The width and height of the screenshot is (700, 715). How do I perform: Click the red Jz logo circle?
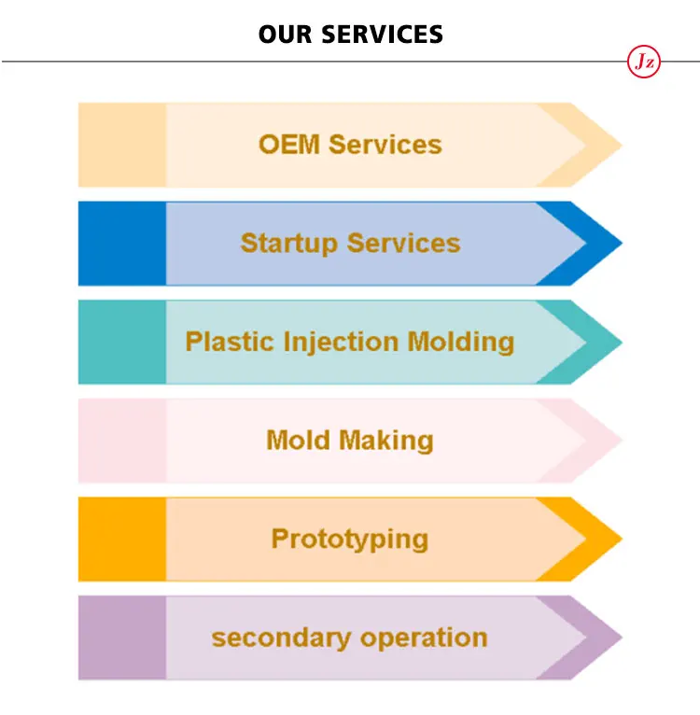[x=643, y=62]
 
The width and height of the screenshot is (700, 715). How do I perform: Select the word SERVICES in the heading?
[x=382, y=35]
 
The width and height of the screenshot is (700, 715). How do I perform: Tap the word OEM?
[x=289, y=145]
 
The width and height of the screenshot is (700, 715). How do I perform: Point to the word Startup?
[x=288, y=244]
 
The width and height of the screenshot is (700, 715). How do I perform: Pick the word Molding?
[x=461, y=343]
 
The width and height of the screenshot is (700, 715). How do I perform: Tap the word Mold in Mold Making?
[x=298, y=440]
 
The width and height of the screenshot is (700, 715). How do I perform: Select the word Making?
[x=386, y=442]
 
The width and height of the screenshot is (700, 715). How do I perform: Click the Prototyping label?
[x=350, y=540]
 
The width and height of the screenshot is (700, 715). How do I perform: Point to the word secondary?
[x=281, y=638]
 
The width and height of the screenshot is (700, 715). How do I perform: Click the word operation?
[x=424, y=638]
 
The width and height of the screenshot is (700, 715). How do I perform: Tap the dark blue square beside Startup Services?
[x=122, y=244]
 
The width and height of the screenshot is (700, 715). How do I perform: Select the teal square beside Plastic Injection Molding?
[x=122, y=342]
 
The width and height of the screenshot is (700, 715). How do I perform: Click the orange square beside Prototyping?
[x=122, y=539]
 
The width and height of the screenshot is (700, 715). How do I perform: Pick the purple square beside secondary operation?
[x=122, y=638]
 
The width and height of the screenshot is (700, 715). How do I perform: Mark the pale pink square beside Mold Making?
[x=122, y=441]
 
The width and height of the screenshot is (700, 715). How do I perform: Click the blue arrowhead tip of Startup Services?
[x=622, y=244]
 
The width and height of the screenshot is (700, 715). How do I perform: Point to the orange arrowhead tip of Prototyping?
[x=622, y=539]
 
